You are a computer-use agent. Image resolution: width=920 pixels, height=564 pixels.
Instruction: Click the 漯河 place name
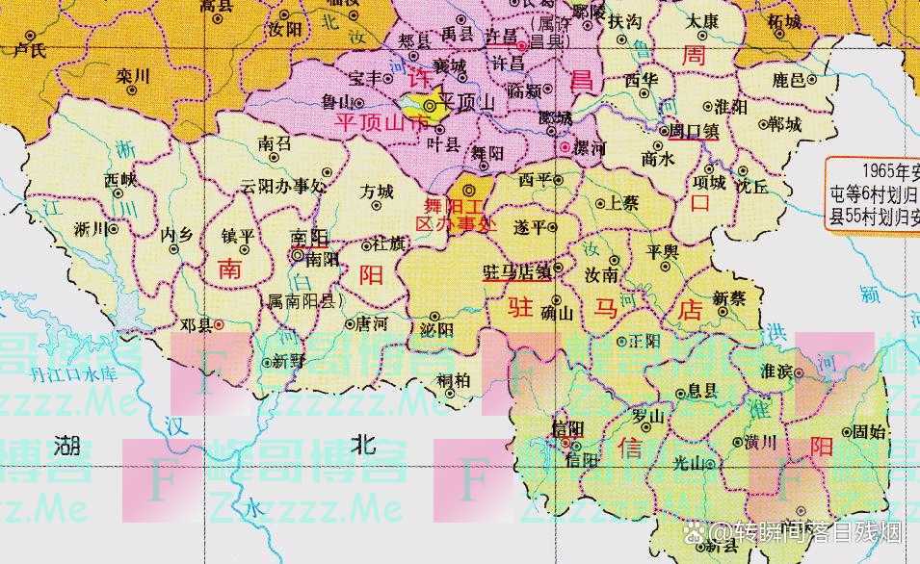(590, 148)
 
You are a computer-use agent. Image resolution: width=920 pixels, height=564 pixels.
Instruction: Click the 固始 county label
(869, 432)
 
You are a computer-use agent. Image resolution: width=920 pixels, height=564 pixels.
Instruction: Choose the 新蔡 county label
(729, 298)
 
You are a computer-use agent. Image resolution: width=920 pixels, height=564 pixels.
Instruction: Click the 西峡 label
(120, 178)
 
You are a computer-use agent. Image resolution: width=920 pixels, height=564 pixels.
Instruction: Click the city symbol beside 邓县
(220, 324)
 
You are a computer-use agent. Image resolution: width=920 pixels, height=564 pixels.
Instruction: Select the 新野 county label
(289, 362)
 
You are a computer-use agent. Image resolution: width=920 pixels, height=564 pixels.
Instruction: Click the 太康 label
(705, 46)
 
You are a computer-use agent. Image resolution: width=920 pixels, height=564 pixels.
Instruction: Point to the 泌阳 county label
(436, 329)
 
